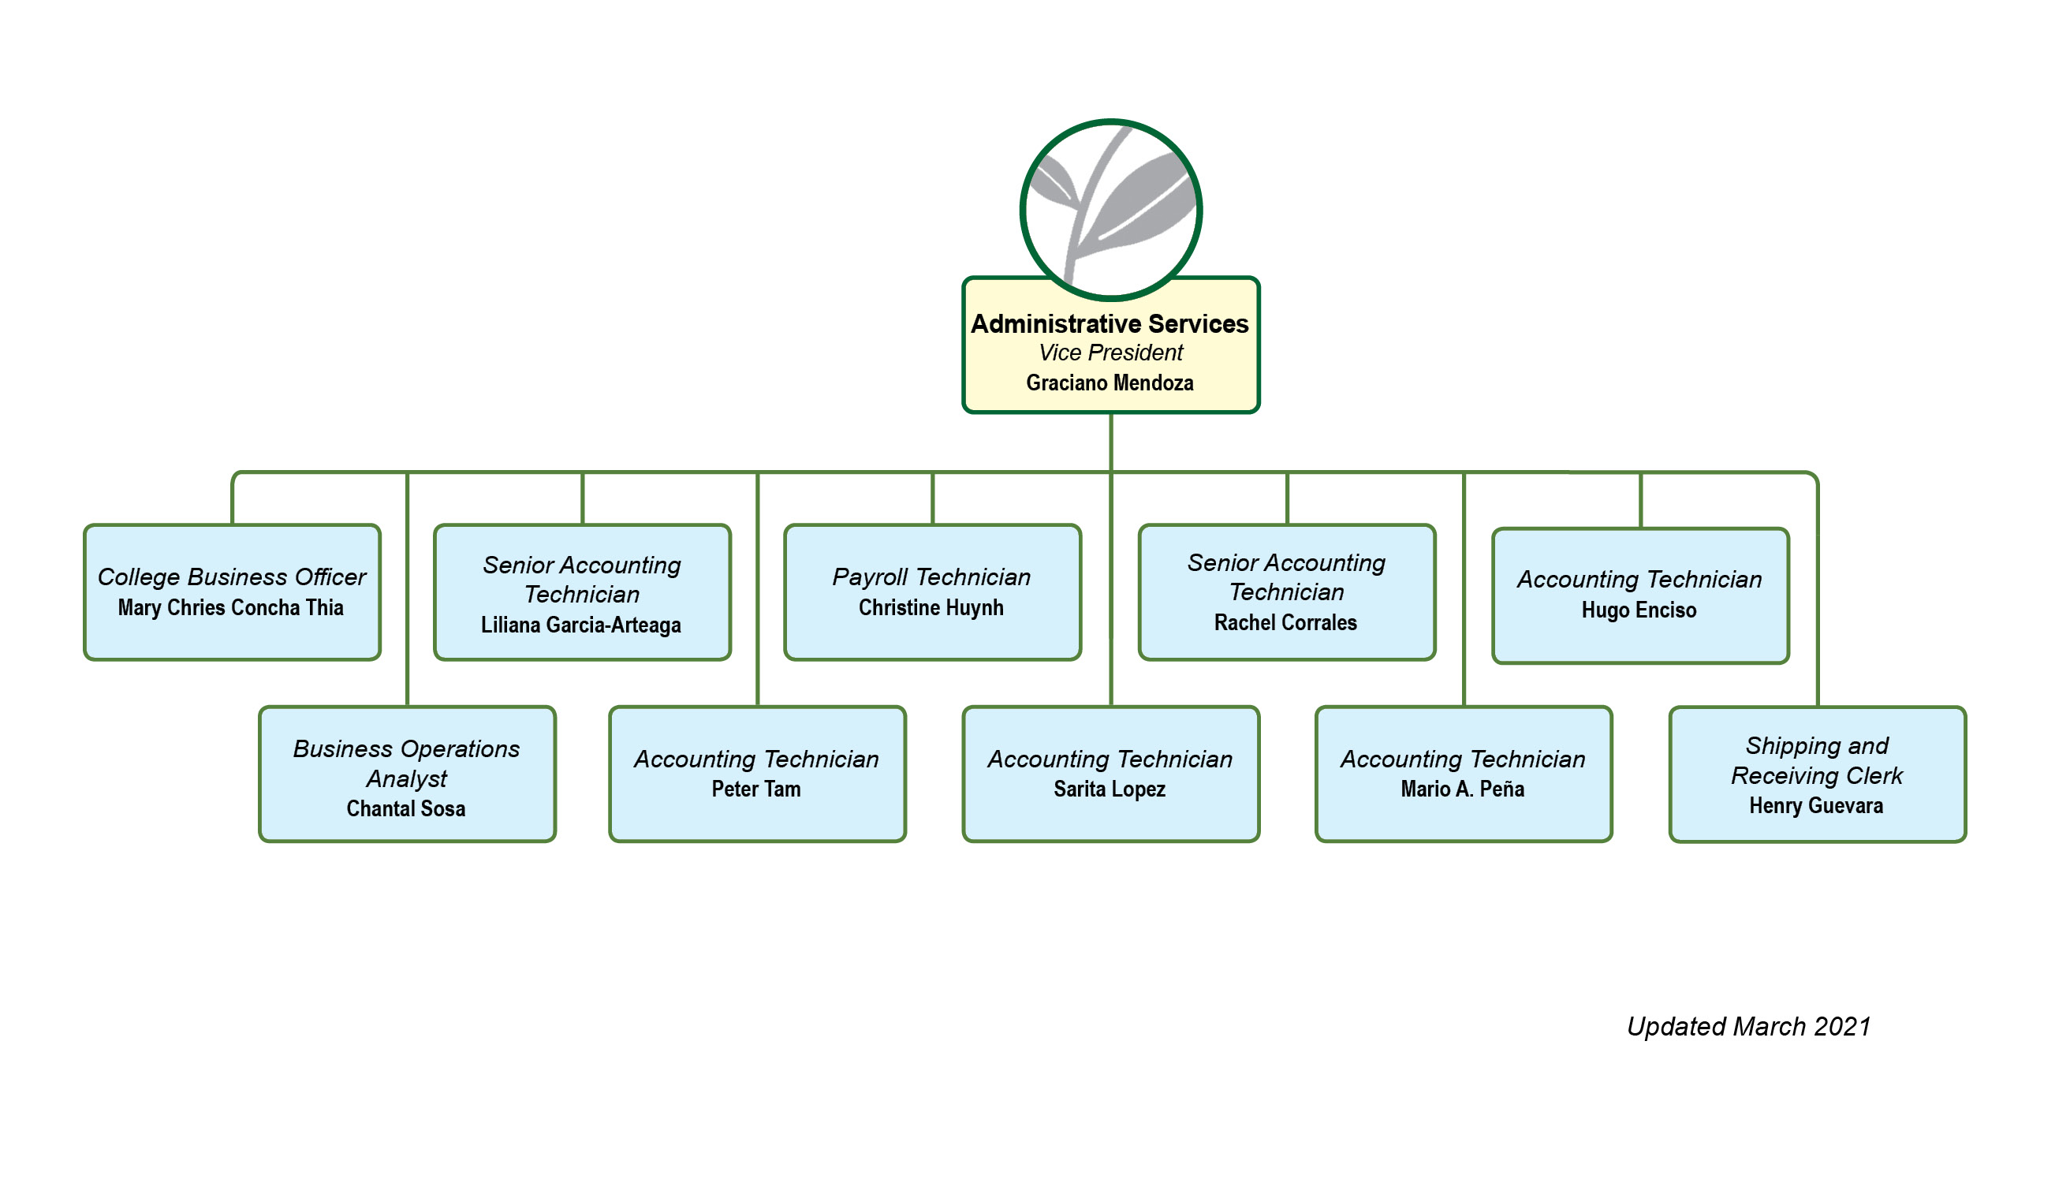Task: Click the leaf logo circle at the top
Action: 1110,210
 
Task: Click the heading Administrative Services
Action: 1110,324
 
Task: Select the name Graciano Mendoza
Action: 1110,383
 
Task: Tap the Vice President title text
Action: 1110,353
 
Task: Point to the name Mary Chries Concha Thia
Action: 231,608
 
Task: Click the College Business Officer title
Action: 232,577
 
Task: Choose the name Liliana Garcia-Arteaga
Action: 581,625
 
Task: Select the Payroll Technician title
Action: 931,577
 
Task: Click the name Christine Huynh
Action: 931,608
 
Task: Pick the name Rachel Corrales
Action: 1285,622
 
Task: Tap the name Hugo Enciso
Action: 1639,610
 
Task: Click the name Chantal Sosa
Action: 406,808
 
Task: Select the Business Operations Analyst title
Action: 406,763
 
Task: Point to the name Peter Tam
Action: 756,789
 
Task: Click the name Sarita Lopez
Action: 1110,789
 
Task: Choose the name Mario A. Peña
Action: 1462,789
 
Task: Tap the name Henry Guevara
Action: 1816,806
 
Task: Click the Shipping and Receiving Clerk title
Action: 1817,760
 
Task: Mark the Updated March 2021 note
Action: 1748,1027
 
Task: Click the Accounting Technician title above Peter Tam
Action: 756,759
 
